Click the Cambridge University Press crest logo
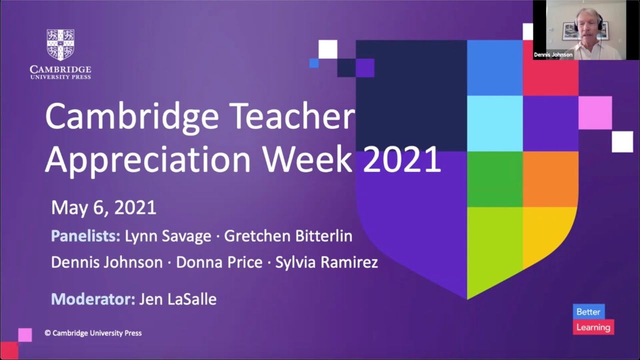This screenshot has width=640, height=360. click(x=60, y=45)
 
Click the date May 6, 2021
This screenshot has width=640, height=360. click(x=103, y=207)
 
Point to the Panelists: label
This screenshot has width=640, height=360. click(x=85, y=236)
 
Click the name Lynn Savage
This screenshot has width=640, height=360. click(x=168, y=236)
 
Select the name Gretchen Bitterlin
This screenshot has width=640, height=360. click(x=288, y=236)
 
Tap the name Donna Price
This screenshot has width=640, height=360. click(x=219, y=262)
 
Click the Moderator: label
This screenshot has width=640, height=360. click(x=93, y=299)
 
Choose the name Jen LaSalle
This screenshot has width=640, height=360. click(x=177, y=299)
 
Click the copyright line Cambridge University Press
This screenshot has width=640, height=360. click(x=93, y=333)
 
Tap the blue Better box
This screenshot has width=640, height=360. click(x=588, y=311)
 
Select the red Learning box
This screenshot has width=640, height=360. click(x=593, y=327)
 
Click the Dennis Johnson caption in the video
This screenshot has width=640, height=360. click(x=553, y=54)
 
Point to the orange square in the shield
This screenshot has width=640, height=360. click(x=551, y=179)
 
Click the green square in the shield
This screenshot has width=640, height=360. click(x=495, y=179)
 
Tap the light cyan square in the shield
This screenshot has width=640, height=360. click(x=495, y=123)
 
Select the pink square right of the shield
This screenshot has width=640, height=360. click(x=595, y=112)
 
